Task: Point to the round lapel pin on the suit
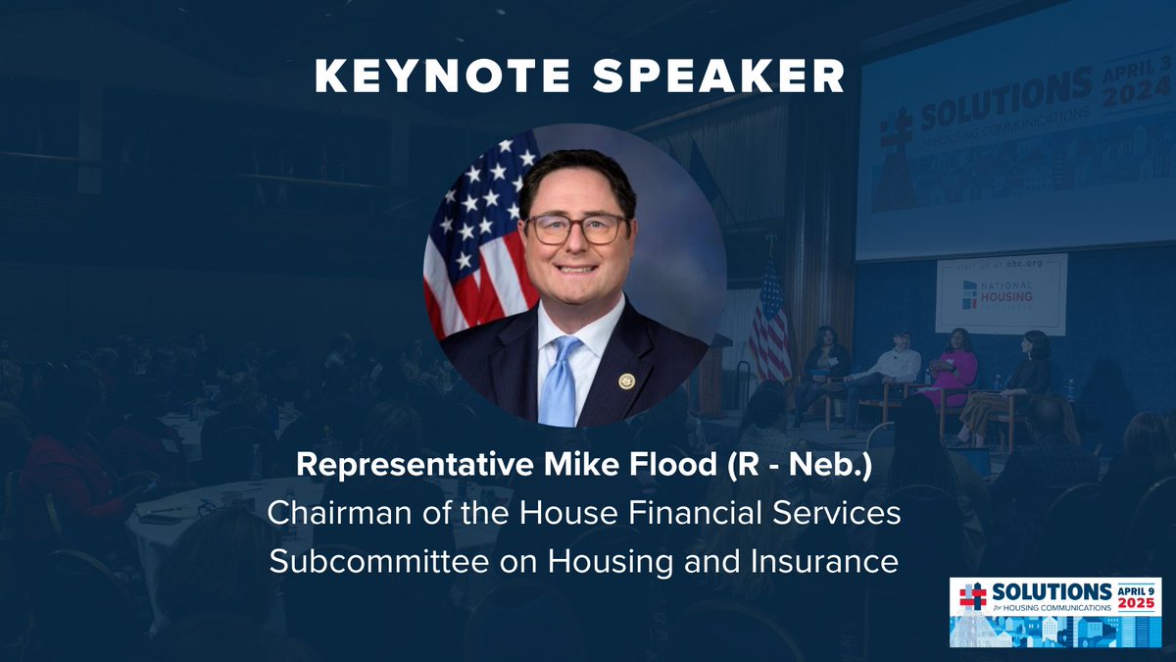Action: pos(626,381)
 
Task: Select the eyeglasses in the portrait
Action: pos(575,229)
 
